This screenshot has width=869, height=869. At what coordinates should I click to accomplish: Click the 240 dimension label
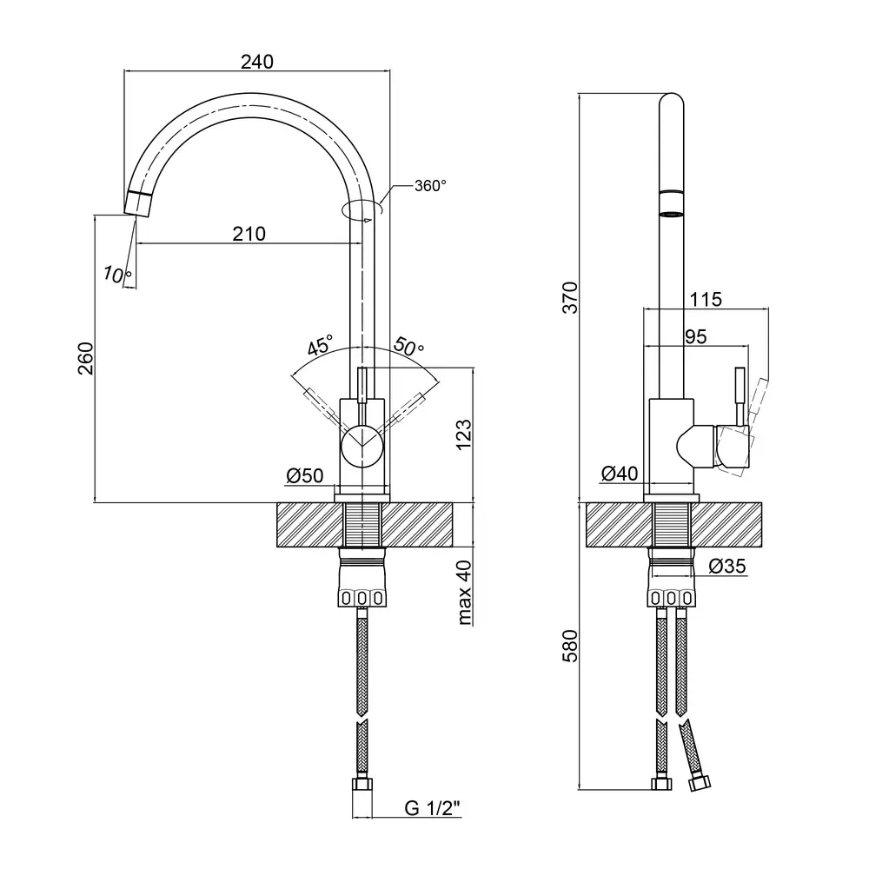click(257, 61)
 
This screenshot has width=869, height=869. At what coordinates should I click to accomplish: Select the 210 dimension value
click(249, 233)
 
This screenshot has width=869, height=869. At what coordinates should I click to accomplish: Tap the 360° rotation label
click(430, 185)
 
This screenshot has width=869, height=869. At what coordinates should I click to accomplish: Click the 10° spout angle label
click(117, 275)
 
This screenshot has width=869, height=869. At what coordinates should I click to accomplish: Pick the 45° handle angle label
click(319, 346)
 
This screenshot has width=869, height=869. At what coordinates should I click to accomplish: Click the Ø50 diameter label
click(304, 475)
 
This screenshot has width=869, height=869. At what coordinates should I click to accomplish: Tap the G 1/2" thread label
click(432, 808)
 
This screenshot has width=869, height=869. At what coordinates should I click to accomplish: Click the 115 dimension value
click(705, 300)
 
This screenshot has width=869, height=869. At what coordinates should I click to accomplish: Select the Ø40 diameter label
click(620, 474)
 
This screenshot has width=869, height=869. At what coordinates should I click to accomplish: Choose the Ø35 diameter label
click(726, 566)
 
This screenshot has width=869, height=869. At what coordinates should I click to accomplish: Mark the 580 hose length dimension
click(569, 646)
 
